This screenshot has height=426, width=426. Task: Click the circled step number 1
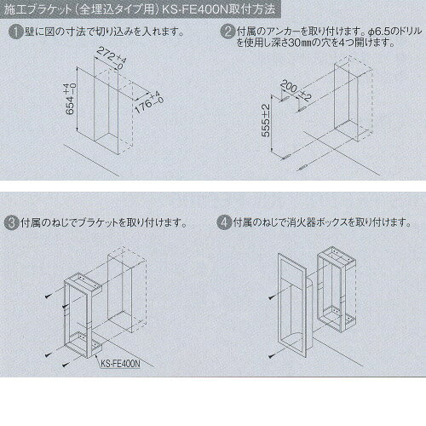click(x=15, y=32)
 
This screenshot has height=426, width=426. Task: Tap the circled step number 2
click(x=227, y=32)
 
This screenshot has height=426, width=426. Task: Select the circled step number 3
click(x=11, y=222)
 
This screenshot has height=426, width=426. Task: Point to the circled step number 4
click(x=224, y=222)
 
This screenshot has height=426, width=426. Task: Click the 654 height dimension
click(x=70, y=99)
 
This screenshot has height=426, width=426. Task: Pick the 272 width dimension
click(x=112, y=59)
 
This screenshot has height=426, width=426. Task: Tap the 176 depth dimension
click(x=149, y=103)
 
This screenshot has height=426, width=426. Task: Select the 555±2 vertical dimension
click(x=266, y=120)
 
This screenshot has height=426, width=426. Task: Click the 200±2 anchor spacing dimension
click(x=296, y=91)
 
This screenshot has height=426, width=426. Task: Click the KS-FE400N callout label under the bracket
click(x=121, y=364)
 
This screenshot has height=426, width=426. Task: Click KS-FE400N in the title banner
click(x=195, y=9)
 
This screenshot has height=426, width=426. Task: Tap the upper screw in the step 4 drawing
click(x=272, y=297)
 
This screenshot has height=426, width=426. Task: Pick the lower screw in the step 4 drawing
click(x=272, y=355)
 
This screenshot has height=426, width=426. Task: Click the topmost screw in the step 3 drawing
click(x=49, y=296)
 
